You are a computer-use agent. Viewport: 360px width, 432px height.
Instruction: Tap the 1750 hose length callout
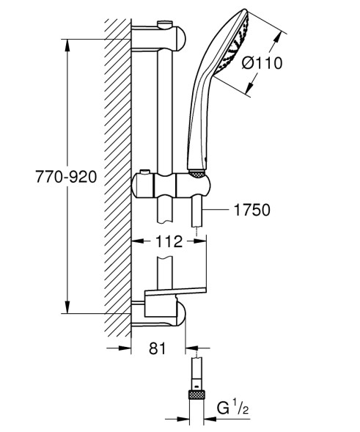click(x=251, y=210)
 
